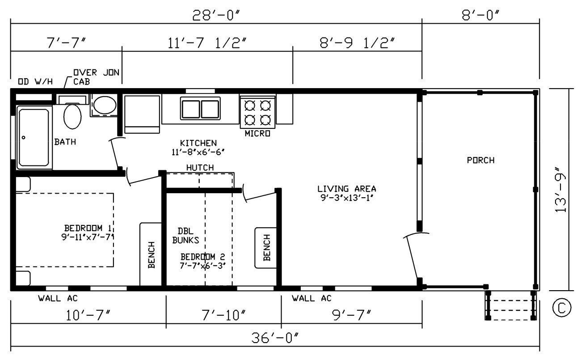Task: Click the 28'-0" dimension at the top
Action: point(216,15)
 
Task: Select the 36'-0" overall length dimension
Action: point(274,338)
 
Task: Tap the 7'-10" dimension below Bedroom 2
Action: point(223,315)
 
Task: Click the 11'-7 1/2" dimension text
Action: point(207,43)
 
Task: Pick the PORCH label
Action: point(480,160)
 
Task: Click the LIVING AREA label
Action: point(347,189)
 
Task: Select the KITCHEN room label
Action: point(198,143)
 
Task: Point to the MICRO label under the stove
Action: point(257,134)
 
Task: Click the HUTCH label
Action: point(200,167)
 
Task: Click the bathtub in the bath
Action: point(34,137)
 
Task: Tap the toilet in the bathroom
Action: point(72,115)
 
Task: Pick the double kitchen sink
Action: point(200,108)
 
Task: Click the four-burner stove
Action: point(257,112)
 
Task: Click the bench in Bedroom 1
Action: point(151,254)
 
